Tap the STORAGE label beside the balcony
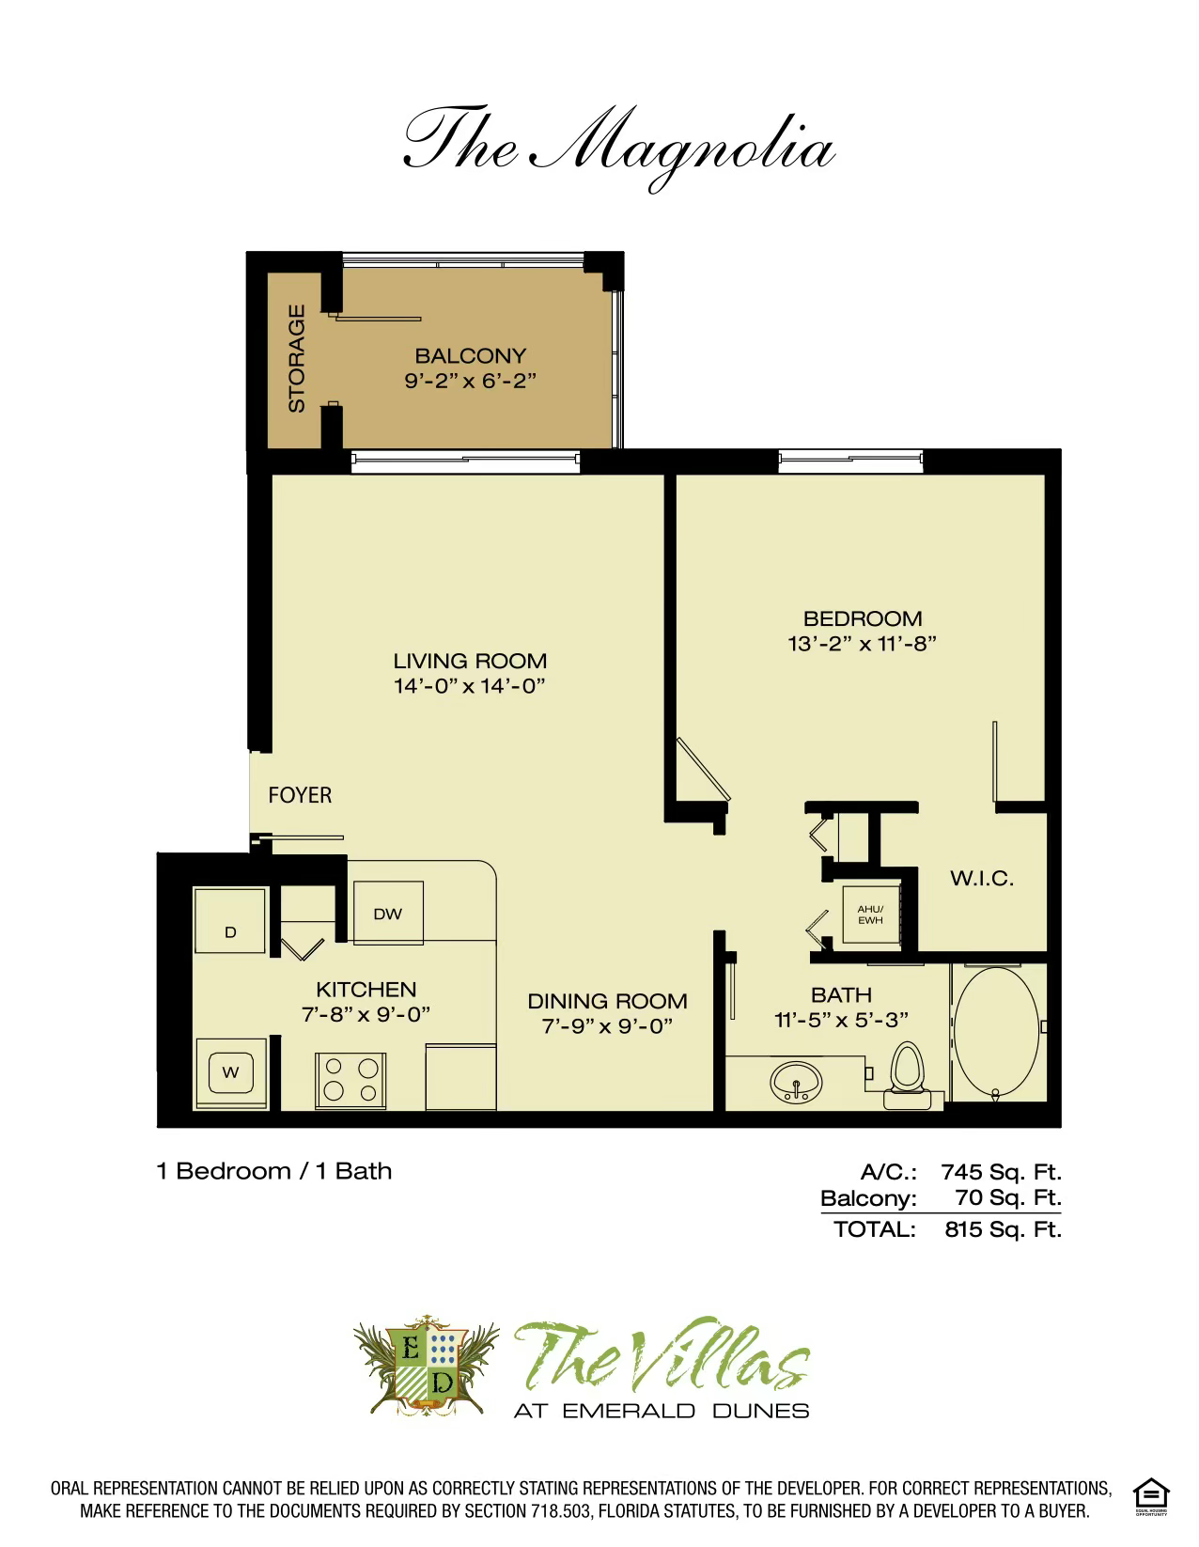297,358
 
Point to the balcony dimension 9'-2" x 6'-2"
471,381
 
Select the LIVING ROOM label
470,661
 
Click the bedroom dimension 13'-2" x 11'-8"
863,644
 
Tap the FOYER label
300,795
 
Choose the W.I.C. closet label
981,879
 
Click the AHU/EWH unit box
870,914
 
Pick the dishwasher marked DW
387,913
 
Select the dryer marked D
230,921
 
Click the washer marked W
230,1072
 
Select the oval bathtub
997,1030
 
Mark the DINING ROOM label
607,1001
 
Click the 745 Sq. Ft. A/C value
1001,1172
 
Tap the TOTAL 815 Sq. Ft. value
1003,1229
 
